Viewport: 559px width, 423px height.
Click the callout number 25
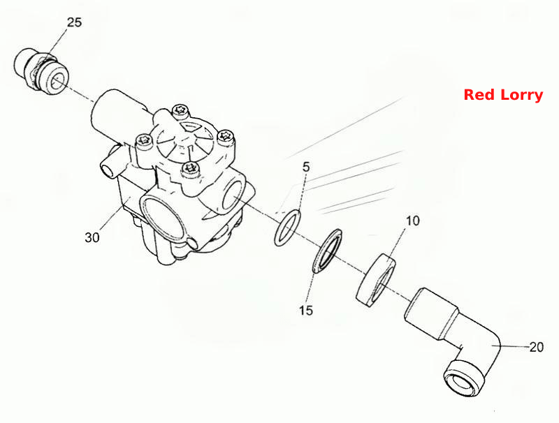coord(74,22)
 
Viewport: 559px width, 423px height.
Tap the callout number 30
coord(92,237)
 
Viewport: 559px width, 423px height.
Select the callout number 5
coord(306,167)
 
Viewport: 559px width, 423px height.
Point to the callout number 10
coord(413,221)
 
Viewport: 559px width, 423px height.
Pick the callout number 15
coord(306,311)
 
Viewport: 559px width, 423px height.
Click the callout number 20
coord(536,347)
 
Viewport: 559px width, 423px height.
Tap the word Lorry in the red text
coord(521,96)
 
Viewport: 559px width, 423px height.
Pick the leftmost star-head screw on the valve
coord(144,140)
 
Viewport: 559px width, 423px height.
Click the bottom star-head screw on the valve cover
coord(189,168)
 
